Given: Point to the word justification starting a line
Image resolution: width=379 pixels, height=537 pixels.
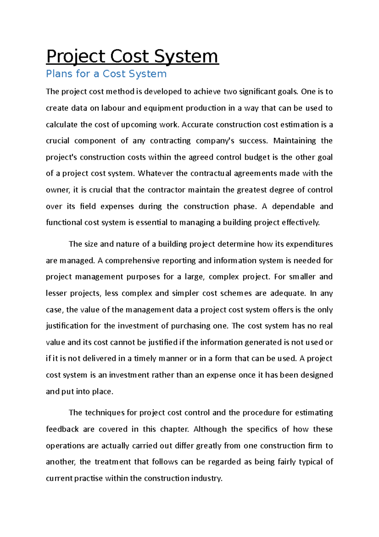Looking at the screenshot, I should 67,326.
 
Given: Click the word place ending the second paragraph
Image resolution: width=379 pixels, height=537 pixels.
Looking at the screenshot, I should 102,392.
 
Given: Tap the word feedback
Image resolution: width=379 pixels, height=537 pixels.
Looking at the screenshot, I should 62,429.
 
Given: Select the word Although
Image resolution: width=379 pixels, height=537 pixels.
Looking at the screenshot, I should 210,429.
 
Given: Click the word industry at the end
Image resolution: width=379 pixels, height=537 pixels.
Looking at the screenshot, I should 206,478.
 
